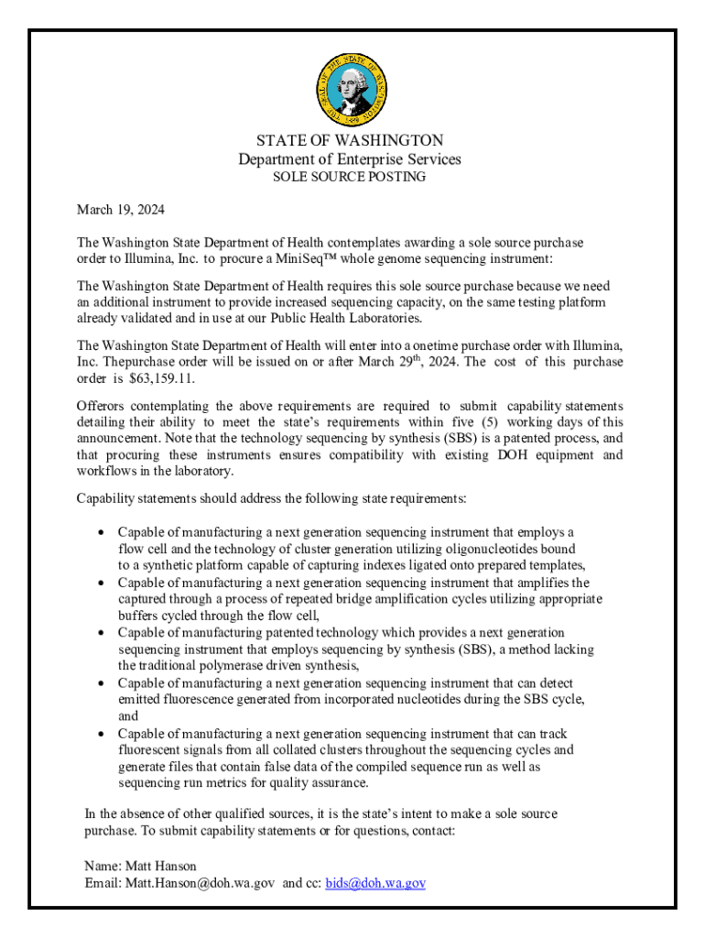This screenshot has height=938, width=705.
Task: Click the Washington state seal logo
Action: (x=350, y=89)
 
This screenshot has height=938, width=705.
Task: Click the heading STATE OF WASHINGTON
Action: (x=350, y=140)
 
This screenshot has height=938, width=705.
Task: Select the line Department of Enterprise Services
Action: (x=350, y=159)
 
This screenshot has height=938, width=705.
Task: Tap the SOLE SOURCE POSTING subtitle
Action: (x=350, y=177)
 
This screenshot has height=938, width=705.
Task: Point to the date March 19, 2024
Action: (x=121, y=210)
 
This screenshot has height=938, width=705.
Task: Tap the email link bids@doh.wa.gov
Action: (x=375, y=883)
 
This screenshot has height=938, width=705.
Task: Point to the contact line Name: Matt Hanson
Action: (x=140, y=866)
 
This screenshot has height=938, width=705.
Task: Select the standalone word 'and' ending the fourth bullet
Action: (x=128, y=716)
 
